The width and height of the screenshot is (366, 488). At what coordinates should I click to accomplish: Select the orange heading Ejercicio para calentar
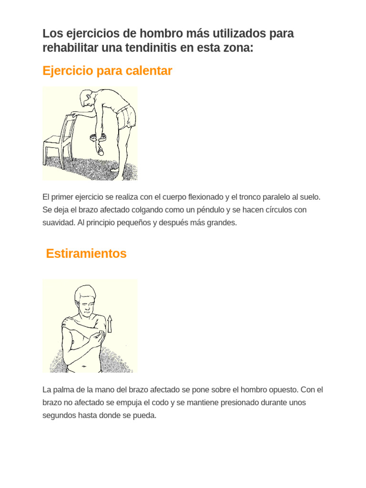(107, 71)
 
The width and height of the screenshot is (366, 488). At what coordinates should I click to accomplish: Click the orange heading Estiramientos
(86, 254)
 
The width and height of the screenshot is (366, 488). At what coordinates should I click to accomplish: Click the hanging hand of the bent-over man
(101, 151)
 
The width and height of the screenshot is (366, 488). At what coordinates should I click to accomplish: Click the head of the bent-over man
(87, 98)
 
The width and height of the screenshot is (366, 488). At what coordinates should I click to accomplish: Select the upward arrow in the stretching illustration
(110, 324)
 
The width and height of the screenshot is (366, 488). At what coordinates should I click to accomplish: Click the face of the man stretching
(86, 305)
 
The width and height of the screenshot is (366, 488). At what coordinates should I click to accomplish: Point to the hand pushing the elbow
(99, 337)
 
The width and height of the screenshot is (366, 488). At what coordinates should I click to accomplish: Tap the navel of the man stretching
(83, 366)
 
